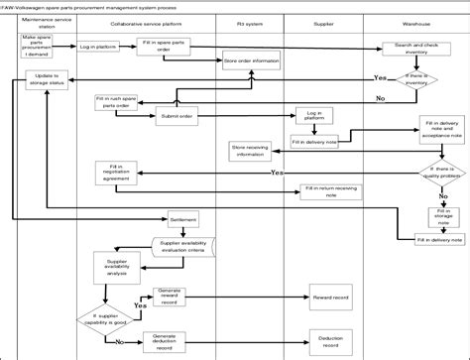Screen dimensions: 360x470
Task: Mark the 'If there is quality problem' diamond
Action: (433, 171)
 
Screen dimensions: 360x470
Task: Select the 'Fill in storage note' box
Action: (436, 214)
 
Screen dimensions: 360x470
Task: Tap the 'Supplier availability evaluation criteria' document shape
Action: (185, 245)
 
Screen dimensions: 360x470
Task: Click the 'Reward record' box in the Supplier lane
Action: (330, 298)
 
